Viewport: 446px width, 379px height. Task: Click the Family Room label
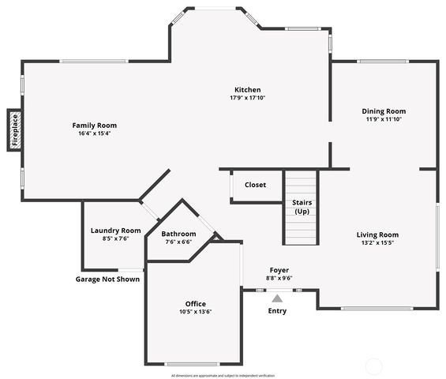(94, 125)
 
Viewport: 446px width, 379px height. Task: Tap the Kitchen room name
(247, 89)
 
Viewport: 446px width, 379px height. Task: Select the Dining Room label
(384, 111)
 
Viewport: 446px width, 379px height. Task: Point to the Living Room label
(377, 235)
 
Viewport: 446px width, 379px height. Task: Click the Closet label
(255, 185)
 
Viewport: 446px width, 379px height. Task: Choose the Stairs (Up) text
(302, 207)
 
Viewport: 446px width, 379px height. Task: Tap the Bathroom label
(178, 234)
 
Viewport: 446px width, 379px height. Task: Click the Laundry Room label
(115, 231)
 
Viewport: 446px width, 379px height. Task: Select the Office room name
(195, 304)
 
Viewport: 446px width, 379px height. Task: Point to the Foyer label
(279, 270)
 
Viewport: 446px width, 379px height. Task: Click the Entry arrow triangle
(276, 298)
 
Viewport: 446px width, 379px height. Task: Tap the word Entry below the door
(277, 311)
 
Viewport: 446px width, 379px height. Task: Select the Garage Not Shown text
(107, 279)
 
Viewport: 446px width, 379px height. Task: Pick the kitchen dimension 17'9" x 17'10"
(247, 98)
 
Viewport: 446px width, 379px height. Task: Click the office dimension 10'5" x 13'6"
(195, 312)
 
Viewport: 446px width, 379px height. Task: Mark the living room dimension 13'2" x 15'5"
(377, 243)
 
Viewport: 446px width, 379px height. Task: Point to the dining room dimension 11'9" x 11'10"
(384, 119)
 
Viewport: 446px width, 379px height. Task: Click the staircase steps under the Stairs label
(300, 231)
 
